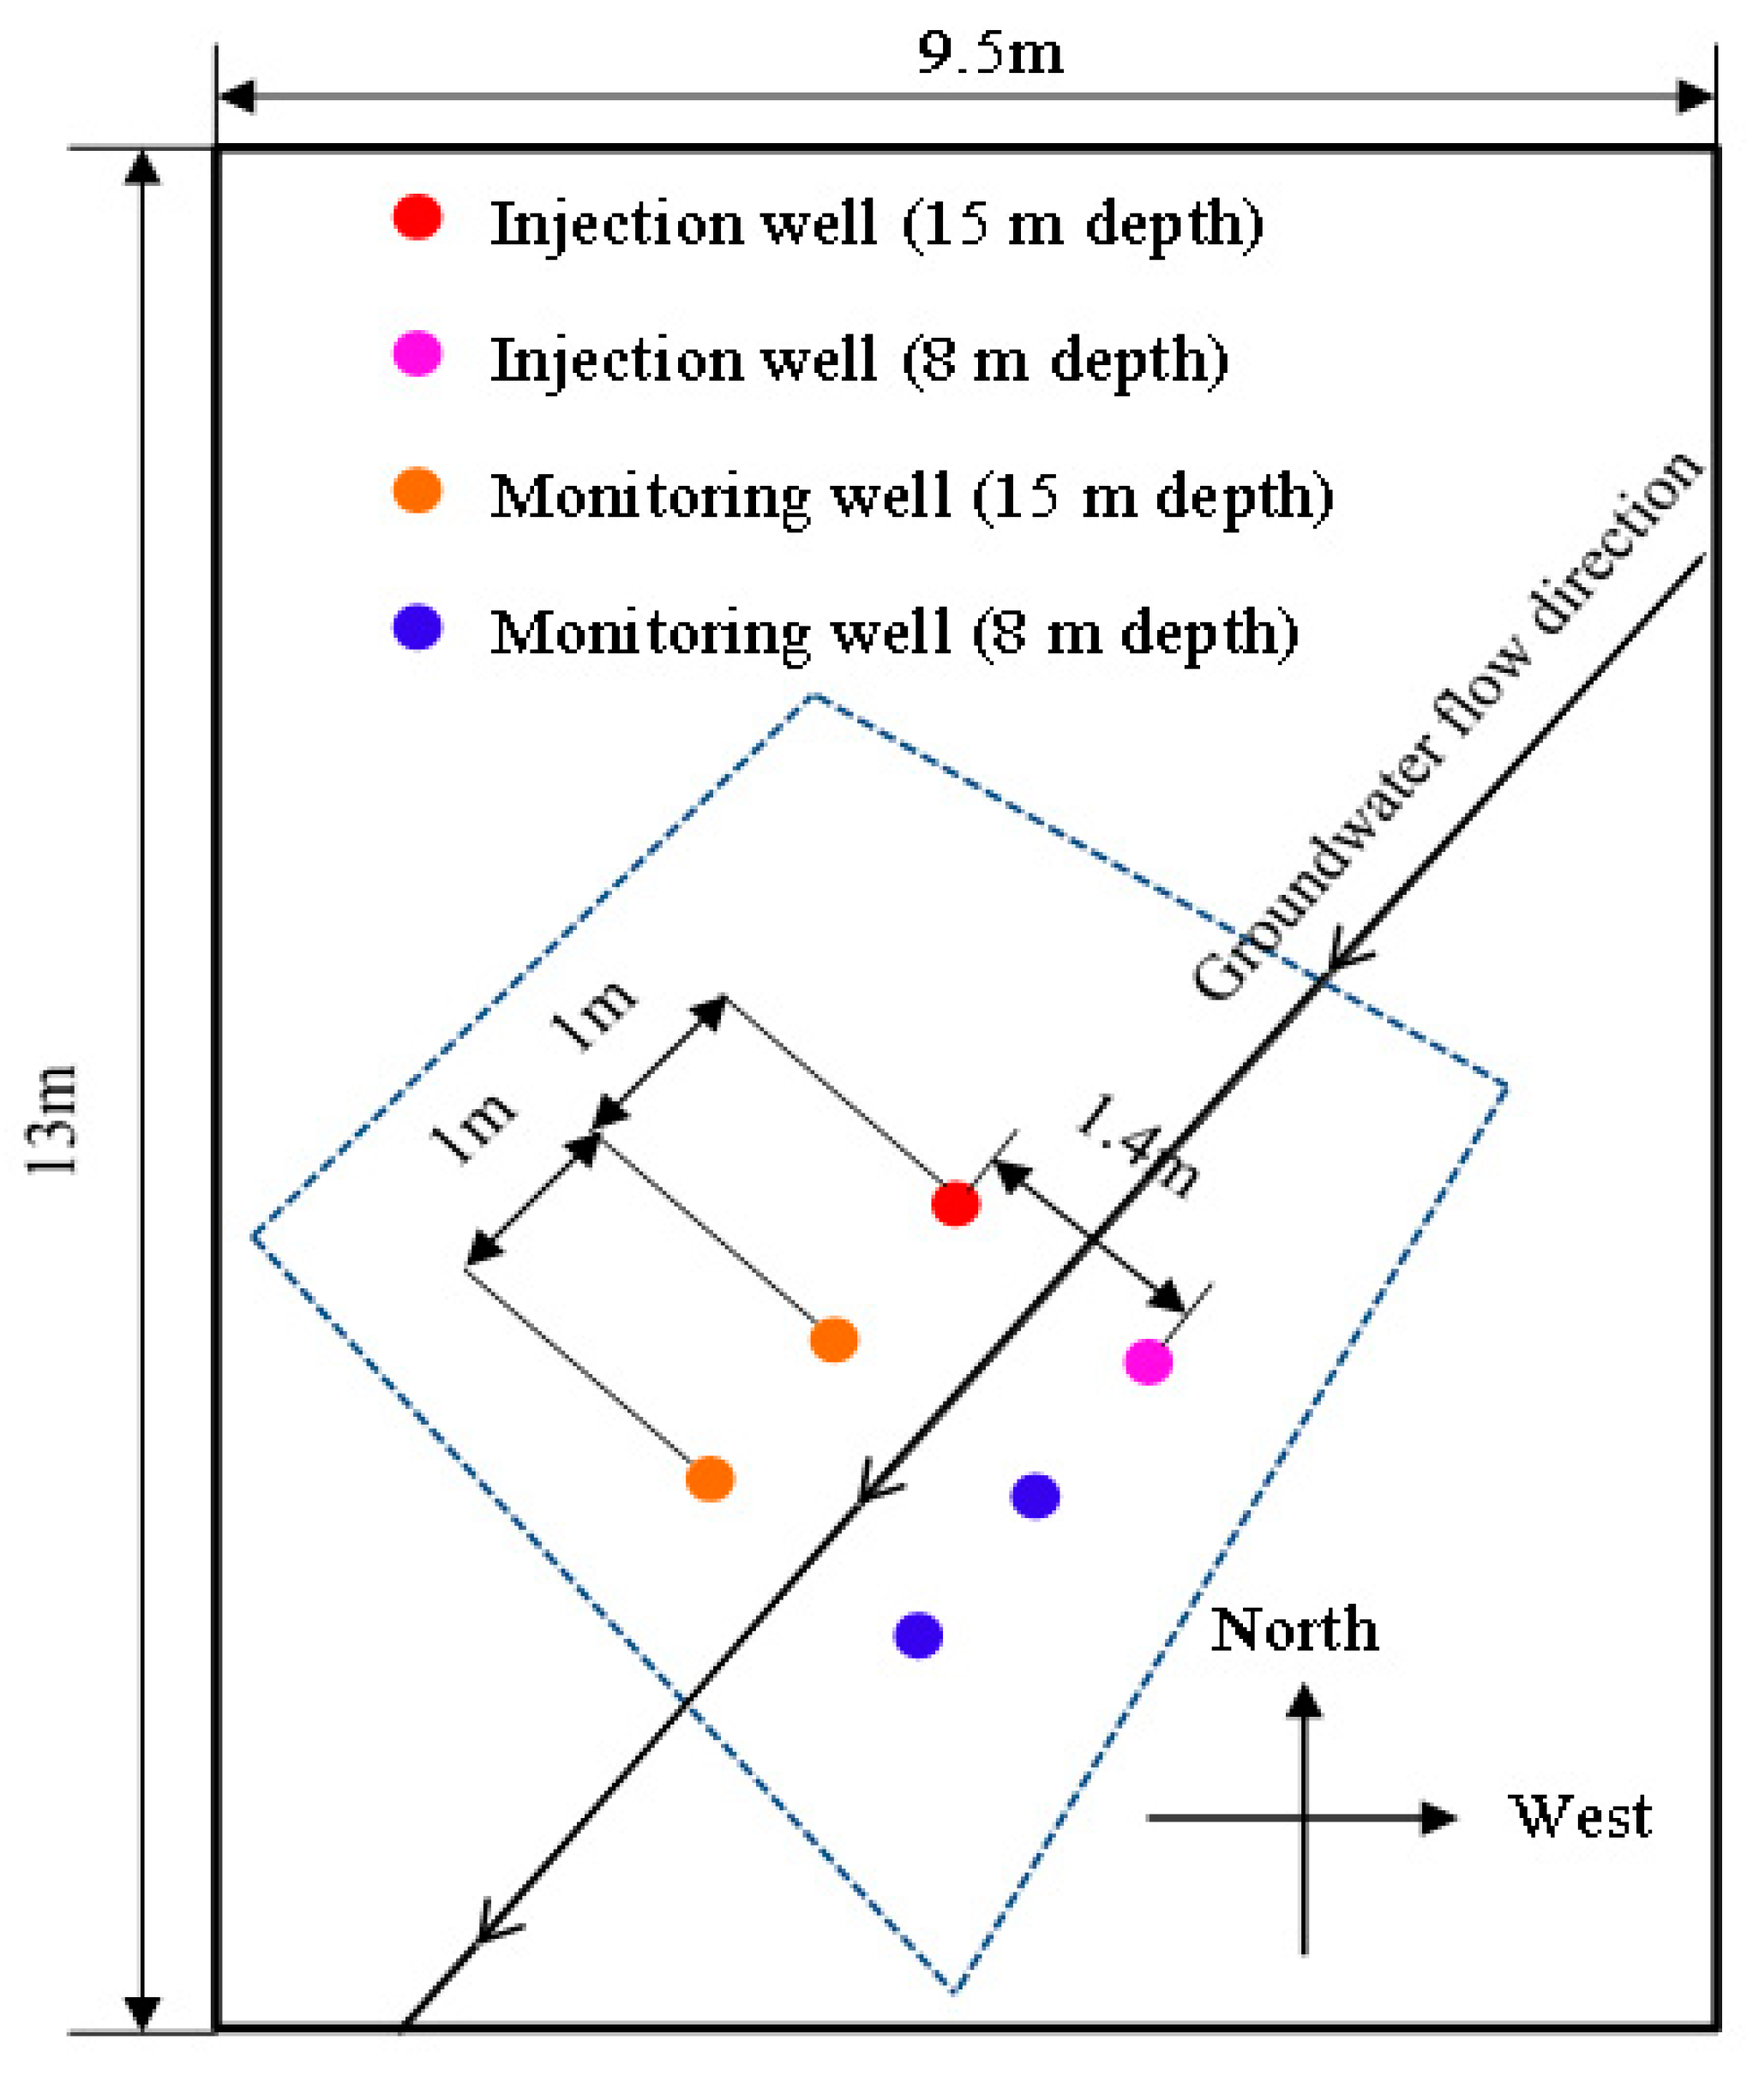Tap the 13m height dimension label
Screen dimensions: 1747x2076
coord(51,1119)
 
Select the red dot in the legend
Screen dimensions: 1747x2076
coord(417,216)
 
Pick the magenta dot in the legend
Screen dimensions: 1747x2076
coord(417,354)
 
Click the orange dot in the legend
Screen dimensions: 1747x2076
coord(417,490)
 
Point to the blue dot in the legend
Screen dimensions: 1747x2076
coord(417,627)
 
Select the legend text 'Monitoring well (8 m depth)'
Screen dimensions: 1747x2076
coord(894,634)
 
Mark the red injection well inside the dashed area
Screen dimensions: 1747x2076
coord(956,1203)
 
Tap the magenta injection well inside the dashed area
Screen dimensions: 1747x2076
coord(1148,1361)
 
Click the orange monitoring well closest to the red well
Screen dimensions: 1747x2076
coord(834,1340)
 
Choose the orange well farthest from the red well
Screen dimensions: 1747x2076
coord(710,1479)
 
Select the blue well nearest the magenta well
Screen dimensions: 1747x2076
coord(1035,1495)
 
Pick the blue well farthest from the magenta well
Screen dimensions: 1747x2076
coord(918,1635)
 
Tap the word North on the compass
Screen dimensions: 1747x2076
coord(1294,1629)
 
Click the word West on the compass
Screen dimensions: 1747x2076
coord(1581,1816)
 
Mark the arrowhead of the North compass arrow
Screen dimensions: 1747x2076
coord(1305,1701)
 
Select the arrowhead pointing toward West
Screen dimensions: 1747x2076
coord(1438,1817)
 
